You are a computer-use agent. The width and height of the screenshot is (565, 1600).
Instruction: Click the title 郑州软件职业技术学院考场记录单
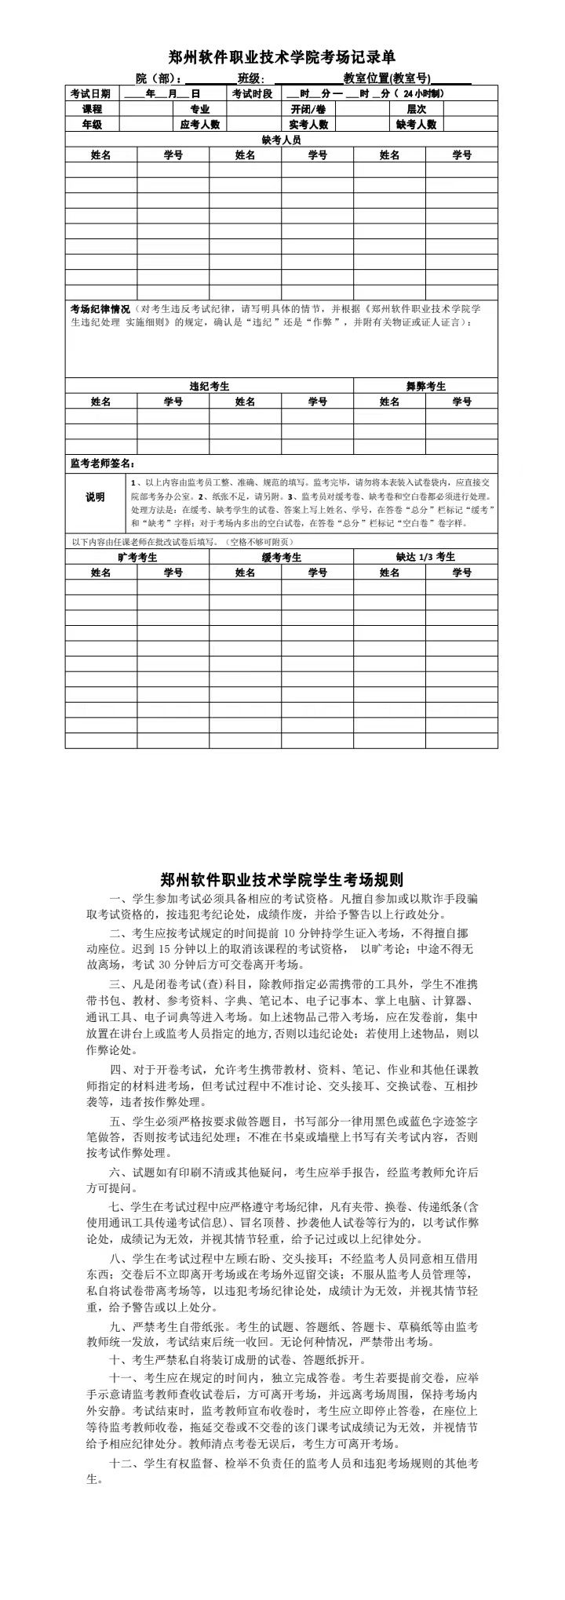click(x=282, y=57)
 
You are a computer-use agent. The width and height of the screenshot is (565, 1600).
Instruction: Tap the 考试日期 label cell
click(x=91, y=94)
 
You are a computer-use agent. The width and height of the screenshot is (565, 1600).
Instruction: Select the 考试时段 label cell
click(x=252, y=94)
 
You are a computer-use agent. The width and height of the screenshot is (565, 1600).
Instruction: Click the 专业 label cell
click(x=200, y=110)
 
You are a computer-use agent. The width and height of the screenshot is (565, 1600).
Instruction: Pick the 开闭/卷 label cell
click(x=308, y=110)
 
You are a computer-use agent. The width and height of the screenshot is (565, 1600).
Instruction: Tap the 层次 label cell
click(x=416, y=110)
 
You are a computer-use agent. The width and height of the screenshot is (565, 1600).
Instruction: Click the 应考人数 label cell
click(x=200, y=125)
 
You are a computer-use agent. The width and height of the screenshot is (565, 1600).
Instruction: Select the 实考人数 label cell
click(x=308, y=125)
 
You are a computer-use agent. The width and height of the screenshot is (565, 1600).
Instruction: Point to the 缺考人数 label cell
click(x=416, y=125)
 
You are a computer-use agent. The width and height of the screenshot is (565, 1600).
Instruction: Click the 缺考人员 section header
click(x=281, y=140)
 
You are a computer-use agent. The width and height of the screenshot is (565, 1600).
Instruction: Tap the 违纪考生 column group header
click(x=210, y=387)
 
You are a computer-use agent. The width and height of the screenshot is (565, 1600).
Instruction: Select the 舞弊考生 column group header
click(x=425, y=387)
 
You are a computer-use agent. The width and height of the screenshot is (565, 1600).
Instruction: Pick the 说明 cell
click(x=95, y=498)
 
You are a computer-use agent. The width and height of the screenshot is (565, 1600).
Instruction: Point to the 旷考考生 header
click(x=137, y=558)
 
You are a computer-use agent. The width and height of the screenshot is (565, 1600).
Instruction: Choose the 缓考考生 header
click(x=281, y=558)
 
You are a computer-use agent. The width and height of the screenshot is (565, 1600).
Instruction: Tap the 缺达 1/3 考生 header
click(x=425, y=558)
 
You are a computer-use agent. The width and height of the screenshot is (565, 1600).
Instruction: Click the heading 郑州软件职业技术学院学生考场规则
click(x=282, y=878)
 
